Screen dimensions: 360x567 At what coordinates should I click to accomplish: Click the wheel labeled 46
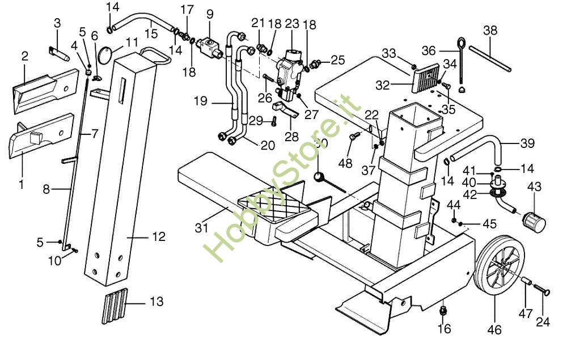494,271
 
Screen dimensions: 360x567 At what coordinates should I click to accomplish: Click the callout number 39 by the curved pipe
527,144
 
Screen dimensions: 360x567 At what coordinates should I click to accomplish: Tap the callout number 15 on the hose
151,33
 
